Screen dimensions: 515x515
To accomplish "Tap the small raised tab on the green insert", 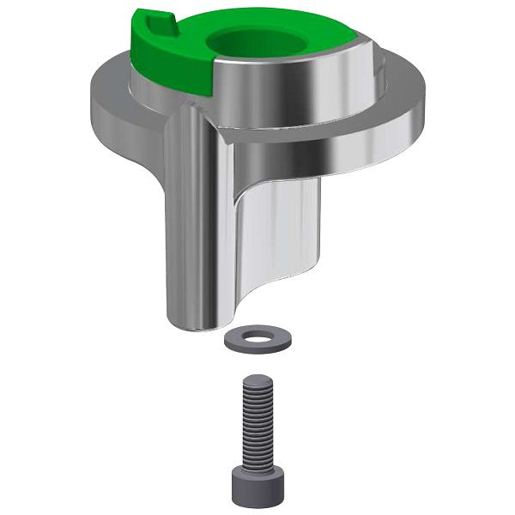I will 155,23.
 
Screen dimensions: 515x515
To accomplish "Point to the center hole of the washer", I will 257,334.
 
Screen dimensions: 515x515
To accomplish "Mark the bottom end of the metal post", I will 206,324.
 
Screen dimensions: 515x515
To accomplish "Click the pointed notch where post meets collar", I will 221,129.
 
